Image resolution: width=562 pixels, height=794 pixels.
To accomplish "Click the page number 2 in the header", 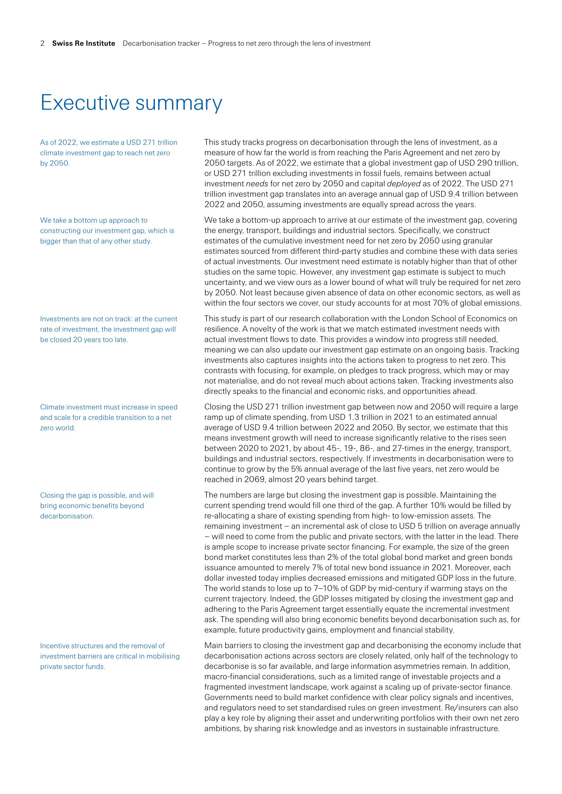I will (x=42, y=43).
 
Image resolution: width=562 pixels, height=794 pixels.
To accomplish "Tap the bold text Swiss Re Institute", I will (x=83, y=43).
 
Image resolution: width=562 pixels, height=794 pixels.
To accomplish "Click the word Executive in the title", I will (x=84, y=103).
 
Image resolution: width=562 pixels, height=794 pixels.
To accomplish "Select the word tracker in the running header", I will (x=188, y=43).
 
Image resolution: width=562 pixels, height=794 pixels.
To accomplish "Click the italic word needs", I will (x=256, y=184).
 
